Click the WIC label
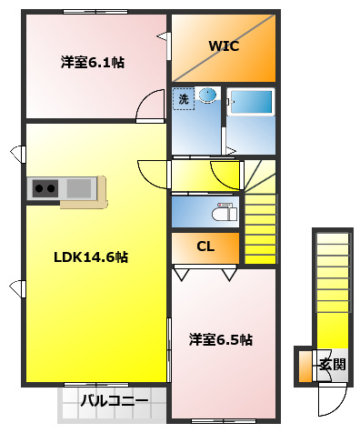(223, 45)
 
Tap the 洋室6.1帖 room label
(93, 63)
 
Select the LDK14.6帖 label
(90, 257)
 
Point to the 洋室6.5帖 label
(220, 339)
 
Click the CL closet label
(205, 247)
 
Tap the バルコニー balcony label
(114, 399)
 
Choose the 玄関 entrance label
(332, 365)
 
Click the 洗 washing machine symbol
(184, 98)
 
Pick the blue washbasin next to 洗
(207, 95)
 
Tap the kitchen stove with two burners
(44, 188)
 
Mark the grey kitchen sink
(78, 188)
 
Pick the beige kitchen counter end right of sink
(101, 188)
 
